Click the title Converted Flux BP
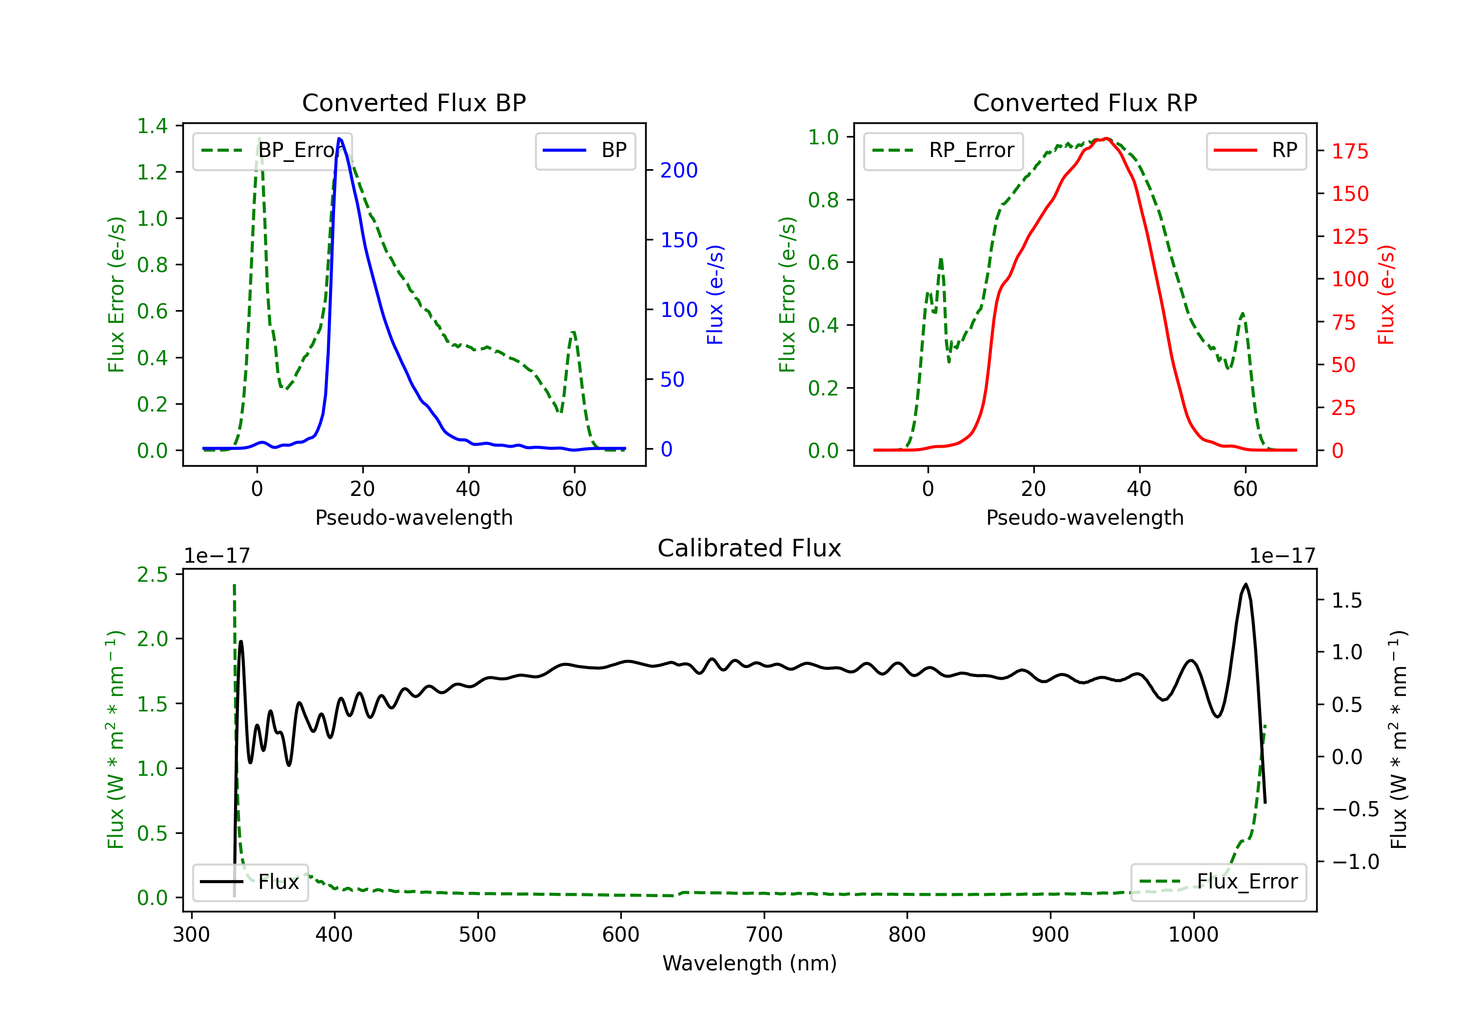point(414,102)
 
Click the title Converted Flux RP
point(1085,102)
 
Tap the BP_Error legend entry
point(273,150)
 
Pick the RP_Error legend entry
point(944,150)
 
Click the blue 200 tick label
point(679,170)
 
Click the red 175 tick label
point(1349,152)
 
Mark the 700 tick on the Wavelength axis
point(763,935)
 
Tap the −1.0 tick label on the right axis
point(1355,862)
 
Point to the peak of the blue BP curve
point(339,138)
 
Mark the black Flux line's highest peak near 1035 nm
point(1245,584)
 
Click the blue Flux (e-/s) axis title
point(715,295)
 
